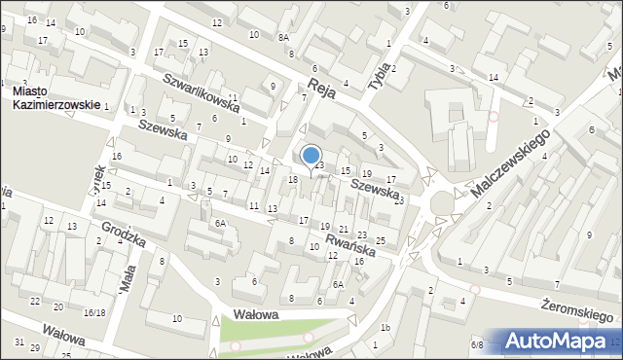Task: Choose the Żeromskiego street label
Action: pos(580,310)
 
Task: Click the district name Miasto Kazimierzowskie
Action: pos(55,98)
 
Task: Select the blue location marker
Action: pos(311,156)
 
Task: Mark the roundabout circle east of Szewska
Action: pos(444,201)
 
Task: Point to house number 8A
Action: pos(283,37)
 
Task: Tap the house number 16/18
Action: pos(94,312)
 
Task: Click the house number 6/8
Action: pos(477,344)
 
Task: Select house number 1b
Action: pos(385,328)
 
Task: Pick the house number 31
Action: pos(19,342)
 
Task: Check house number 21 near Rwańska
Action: pos(343,229)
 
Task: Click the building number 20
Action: pos(57,307)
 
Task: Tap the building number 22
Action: pos(35,302)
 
